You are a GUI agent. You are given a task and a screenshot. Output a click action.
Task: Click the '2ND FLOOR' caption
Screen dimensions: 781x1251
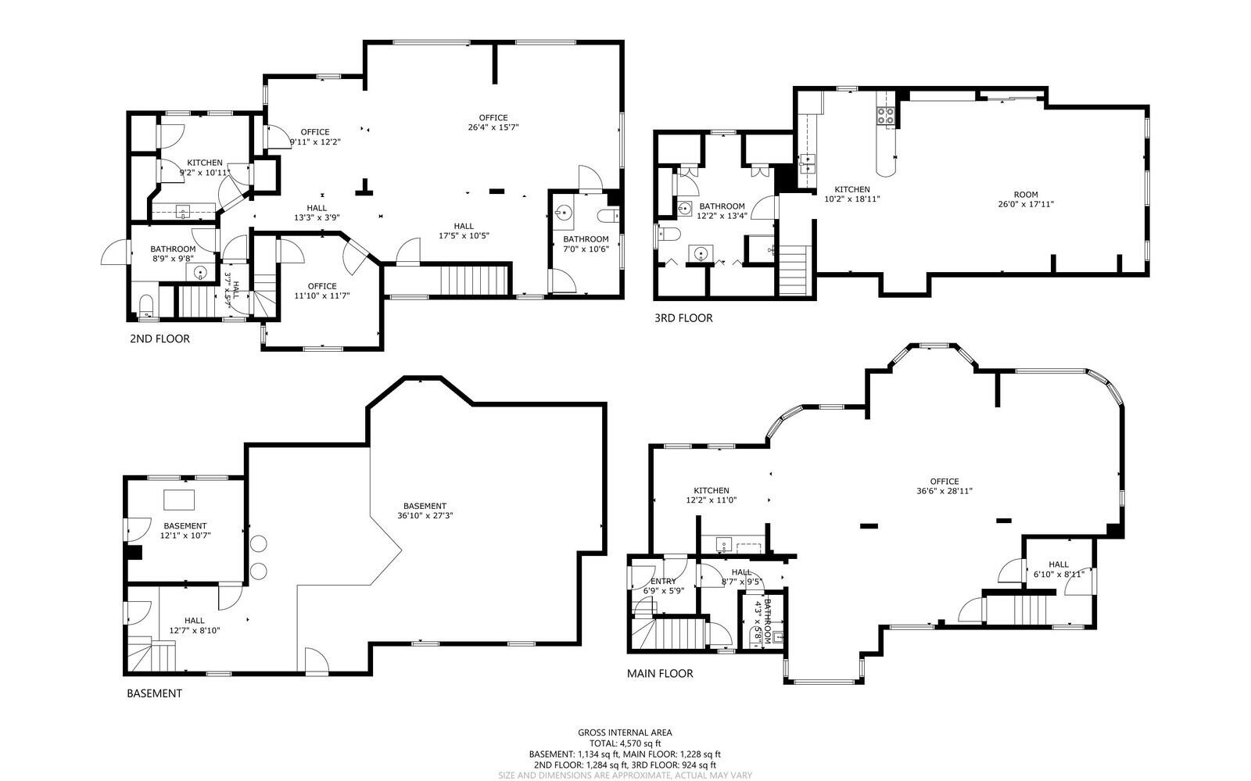[x=160, y=339]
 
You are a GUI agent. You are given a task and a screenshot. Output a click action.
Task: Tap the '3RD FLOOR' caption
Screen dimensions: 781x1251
[x=683, y=318]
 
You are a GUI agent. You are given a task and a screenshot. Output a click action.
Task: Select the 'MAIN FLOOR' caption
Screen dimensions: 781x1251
[x=660, y=673]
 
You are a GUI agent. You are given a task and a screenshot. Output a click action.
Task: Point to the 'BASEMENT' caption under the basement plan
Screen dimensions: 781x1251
[x=154, y=693]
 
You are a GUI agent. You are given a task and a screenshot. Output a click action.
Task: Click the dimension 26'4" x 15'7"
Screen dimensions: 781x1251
[x=493, y=127]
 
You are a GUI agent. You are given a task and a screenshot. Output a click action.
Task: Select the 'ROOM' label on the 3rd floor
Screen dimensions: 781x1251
[x=1026, y=195]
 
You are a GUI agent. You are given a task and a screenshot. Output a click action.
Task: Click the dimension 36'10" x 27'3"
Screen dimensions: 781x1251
[x=425, y=515]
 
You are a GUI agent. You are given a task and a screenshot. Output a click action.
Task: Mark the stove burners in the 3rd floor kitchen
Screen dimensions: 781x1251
[x=886, y=116]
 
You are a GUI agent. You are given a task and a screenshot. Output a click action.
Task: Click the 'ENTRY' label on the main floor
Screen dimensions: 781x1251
[x=663, y=581]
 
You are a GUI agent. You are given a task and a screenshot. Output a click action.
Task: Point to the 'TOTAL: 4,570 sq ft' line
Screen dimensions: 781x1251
[x=625, y=743]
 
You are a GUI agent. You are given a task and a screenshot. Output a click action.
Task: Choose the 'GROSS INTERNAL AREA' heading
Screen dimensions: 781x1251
[x=625, y=733]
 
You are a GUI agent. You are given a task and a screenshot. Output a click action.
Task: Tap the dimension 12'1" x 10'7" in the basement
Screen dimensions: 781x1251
[x=185, y=536]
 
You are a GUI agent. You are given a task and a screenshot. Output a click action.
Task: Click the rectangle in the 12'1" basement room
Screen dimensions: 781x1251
[x=179, y=500]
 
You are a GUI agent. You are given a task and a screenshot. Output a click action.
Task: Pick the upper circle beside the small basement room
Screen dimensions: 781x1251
[x=259, y=544]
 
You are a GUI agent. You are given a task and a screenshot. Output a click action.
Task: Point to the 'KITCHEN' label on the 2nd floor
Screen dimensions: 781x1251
[x=204, y=163]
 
